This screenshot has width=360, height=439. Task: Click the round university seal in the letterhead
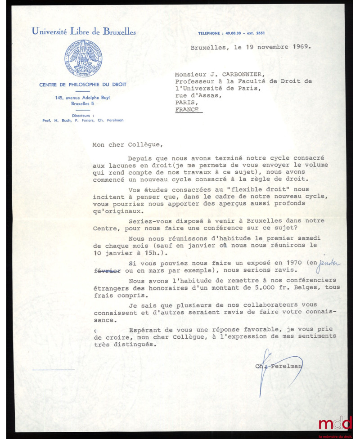pyautogui.click(x=83, y=58)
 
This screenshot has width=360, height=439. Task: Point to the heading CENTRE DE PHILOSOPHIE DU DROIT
pyautogui.click(x=82, y=84)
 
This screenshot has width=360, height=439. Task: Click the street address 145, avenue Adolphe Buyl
pyautogui.click(x=82, y=98)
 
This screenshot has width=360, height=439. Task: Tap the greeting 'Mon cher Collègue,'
pyautogui.click(x=119, y=145)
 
